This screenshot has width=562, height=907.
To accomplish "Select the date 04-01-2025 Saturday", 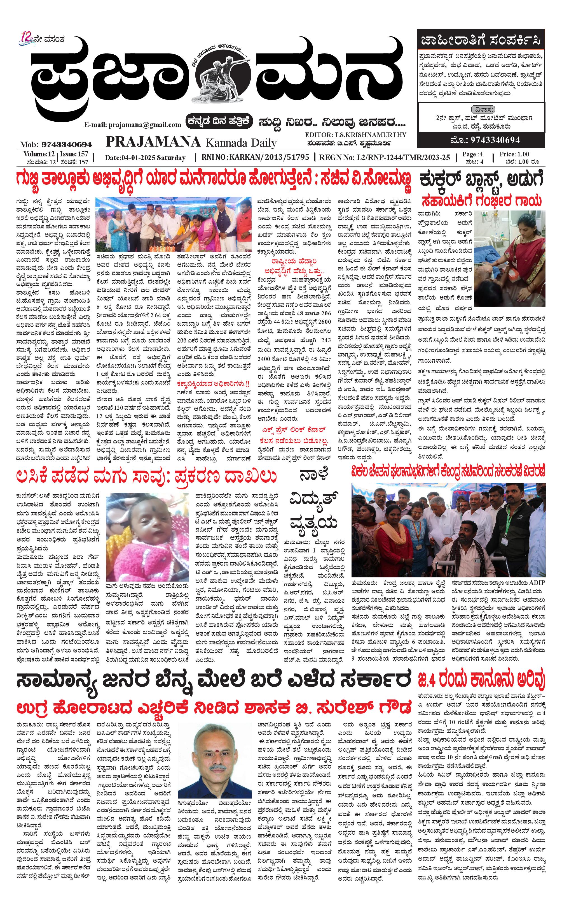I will click(145, 158).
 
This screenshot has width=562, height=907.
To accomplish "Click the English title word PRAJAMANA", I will click(153, 142).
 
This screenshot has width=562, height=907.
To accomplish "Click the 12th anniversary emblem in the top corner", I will click(27, 38).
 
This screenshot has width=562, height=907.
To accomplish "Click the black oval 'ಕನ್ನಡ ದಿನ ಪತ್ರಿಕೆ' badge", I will click(220, 121).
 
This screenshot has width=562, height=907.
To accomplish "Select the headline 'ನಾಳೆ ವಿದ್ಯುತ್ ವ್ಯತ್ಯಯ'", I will click(314, 499).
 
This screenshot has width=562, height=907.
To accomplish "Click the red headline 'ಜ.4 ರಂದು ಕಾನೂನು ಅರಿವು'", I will click(481, 680).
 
